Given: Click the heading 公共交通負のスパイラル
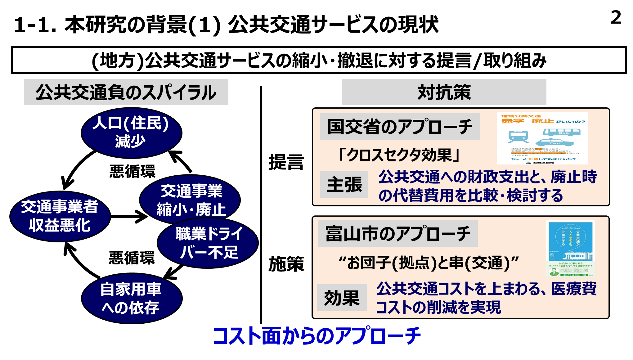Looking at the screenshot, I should (126, 92).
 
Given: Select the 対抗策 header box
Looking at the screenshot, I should (444, 92).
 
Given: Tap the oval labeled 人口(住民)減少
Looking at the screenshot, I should (131, 133).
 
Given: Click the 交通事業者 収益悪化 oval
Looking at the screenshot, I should (60, 216).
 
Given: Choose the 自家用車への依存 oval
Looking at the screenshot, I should (132, 298).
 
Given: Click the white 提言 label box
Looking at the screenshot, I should (287, 163).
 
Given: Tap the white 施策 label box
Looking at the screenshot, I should (287, 264).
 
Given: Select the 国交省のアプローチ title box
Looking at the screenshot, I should (400, 126).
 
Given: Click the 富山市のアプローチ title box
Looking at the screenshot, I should (398, 233).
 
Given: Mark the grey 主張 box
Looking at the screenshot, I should (344, 184).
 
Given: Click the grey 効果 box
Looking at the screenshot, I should (342, 298).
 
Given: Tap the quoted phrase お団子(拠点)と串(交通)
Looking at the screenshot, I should (428, 263).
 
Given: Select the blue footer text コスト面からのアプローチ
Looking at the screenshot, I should (316, 336).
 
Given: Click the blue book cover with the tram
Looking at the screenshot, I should (570, 249).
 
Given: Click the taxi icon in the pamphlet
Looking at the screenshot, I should (554, 143).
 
